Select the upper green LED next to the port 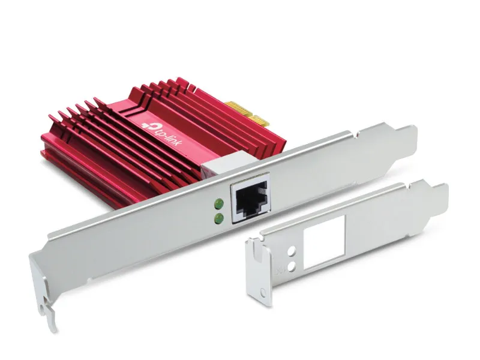tap(219, 203)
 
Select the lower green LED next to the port tap(219, 218)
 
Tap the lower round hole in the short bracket tap(293, 267)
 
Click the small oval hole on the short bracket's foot tap(263, 292)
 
